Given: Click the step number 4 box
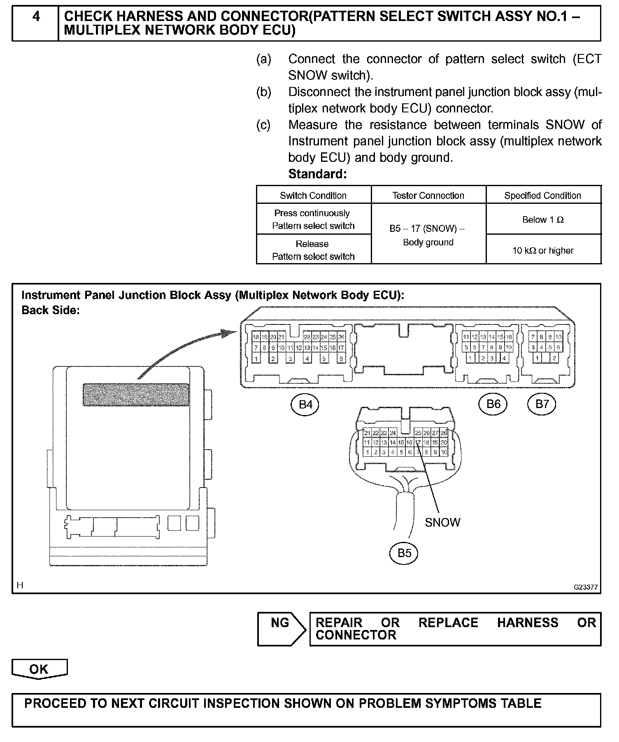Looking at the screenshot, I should (x=36, y=23).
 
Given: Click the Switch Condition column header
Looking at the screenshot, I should (x=313, y=195).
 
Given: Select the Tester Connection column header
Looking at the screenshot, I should (x=428, y=195).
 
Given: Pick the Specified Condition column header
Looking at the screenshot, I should (x=542, y=195).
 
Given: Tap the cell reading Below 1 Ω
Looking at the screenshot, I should (x=543, y=219).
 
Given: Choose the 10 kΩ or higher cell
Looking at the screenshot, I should (x=543, y=250).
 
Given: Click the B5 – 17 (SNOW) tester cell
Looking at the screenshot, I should (x=428, y=235).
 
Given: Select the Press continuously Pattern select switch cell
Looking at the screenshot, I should (x=313, y=219).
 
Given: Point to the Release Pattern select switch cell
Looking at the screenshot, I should (x=313, y=250).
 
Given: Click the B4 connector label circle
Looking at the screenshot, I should (x=305, y=404).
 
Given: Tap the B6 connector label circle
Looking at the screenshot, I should (x=493, y=404).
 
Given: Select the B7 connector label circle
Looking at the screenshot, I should (x=542, y=404).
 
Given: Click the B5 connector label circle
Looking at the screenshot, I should (x=404, y=553).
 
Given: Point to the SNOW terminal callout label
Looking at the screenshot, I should (x=442, y=522).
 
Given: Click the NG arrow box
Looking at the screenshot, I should (x=281, y=628).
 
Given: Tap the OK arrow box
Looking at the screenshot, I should (x=39, y=669).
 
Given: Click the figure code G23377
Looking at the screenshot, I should (x=586, y=587).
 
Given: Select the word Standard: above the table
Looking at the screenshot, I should (x=317, y=174).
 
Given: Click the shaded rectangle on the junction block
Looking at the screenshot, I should (x=136, y=394).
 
